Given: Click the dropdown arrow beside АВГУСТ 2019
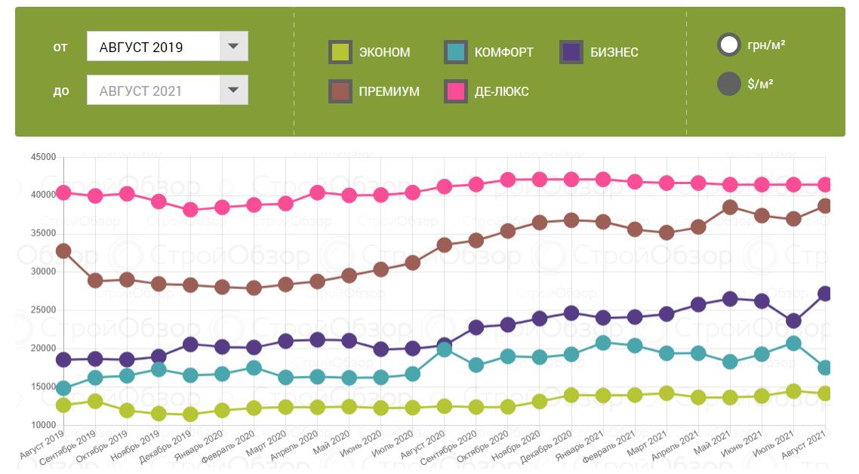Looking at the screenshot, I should [233, 47].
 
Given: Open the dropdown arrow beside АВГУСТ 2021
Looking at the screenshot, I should [233, 91].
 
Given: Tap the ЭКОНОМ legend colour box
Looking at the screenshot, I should [340, 52].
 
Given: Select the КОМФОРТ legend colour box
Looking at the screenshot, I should [456, 52].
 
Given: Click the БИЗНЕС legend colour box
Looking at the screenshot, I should [571, 52].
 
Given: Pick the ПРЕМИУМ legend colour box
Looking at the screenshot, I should [340, 91].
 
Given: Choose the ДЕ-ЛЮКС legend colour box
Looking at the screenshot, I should [456, 91].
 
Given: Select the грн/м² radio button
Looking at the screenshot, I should [729, 45].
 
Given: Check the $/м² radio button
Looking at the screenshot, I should [729, 84].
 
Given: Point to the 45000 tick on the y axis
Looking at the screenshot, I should [43, 157].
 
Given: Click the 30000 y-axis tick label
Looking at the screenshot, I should [43, 272].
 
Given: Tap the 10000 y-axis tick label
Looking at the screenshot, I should [43, 426].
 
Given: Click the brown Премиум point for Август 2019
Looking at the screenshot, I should [63, 251].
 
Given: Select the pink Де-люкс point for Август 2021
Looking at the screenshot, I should [825, 185].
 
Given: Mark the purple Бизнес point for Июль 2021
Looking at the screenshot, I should [793, 321].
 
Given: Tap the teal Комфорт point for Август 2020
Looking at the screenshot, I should [444, 349].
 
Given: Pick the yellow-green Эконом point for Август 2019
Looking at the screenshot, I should [63, 405].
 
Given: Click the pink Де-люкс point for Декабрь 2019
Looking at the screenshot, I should [190, 210].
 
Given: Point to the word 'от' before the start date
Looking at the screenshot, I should [60, 47].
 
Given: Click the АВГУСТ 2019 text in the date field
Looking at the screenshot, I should [141, 47].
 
